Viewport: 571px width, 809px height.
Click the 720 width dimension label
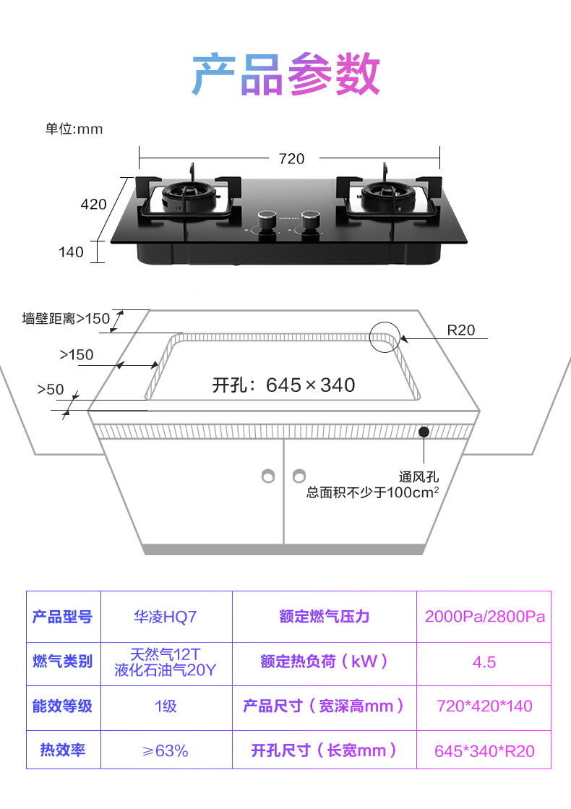click(x=291, y=158)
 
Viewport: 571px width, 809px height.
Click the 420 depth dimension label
click(x=93, y=205)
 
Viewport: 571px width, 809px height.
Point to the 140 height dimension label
click(x=71, y=252)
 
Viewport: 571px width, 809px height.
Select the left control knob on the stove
click(x=267, y=221)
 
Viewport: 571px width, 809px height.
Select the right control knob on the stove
click(x=311, y=221)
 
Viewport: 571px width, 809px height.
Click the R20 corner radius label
click(x=461, y=330)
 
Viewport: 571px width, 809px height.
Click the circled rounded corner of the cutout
click(x=385, y=338)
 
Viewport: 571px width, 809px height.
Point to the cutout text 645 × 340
click(x=284, y=385)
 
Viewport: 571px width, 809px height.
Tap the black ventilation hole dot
click(x=423, y=432)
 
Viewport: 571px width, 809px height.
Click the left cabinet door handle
click(x=268, y=476)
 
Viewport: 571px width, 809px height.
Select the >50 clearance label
click(x=51, y=390)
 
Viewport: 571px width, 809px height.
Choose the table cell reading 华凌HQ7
click(x=166, y=617)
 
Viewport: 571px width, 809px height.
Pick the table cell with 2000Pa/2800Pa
click(x=484, y=617)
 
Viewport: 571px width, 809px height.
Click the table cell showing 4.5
click(x=484, y=662)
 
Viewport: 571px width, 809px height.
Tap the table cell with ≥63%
click(x=166, y=750)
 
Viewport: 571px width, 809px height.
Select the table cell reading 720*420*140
click(x=484, y=706)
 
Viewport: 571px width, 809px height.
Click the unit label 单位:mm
click(x=74, y=129)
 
